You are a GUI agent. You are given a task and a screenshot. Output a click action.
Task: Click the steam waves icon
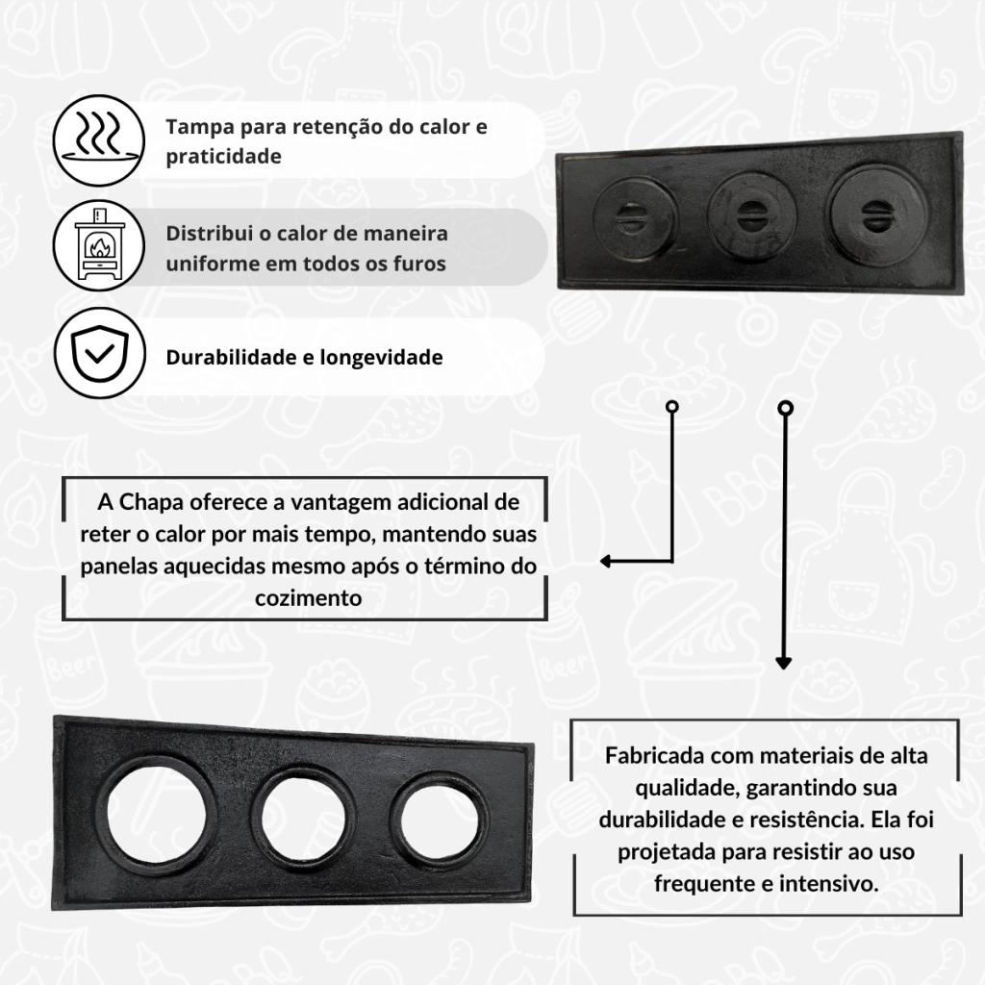point(99,140)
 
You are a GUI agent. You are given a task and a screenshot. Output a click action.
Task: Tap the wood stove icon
point(99,245)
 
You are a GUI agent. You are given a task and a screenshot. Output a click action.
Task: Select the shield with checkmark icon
point(100,353)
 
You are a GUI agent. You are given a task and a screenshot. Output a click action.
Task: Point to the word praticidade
point(223,157)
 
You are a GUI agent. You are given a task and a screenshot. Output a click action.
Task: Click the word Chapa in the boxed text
point(150,502)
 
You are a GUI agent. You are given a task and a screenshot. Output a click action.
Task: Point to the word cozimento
point(309,598)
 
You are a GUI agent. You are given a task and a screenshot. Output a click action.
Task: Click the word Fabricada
point(653,755)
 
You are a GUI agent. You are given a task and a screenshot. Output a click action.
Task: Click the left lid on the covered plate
point(635,219)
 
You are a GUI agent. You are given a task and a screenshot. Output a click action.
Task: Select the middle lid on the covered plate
point(751,216)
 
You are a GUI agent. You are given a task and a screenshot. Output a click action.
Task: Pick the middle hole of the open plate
point(303,820)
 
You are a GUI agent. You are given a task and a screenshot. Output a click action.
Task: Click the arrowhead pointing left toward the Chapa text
point(606,561)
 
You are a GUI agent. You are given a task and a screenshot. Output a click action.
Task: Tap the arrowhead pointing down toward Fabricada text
point(783,663)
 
